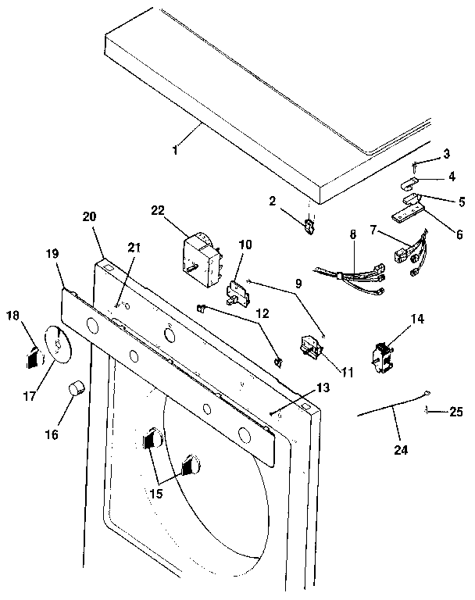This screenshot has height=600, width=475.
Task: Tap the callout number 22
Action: tap(158, 210)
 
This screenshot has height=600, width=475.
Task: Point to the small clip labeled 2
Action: tap(309, 226)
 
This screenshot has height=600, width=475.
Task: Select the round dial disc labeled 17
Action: tap(55, 345)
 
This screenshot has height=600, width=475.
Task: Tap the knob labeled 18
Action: tap(31, 358)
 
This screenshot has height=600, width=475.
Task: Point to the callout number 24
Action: tap(402, 450)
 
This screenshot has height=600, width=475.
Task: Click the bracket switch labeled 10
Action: tap(235, 293)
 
